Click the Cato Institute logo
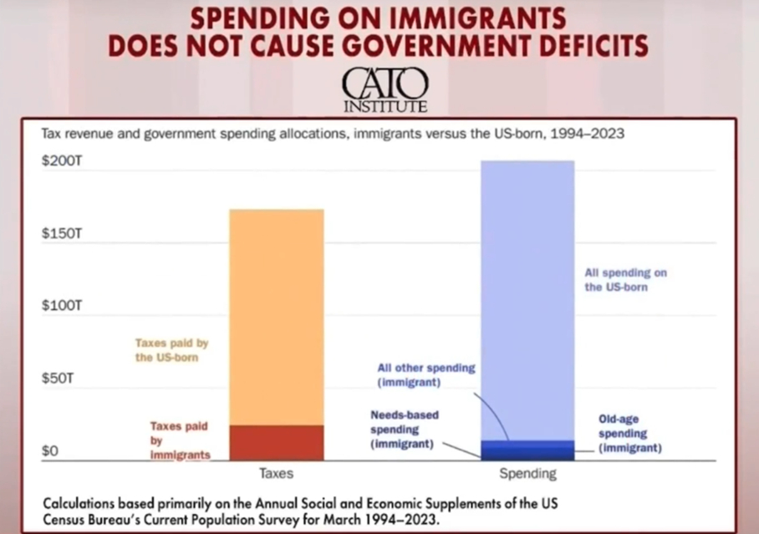click(x=385, y=89)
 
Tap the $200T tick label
click(x=62, y=160)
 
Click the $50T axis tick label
click(x=59, y=379)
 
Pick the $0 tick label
click(x=51, y=451)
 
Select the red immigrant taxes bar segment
click(x=276, y=442)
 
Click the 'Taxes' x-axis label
click(x=276, y=474)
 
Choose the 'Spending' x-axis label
click(x=527, y=474)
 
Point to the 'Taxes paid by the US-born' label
click(x=172, y=349)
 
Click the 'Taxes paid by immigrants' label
click(x=180, y=440)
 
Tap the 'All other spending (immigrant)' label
click(x=426, y=375)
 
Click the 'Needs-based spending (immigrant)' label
click(x=405, y=429)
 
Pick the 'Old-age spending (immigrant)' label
click(x=629, y=434)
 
